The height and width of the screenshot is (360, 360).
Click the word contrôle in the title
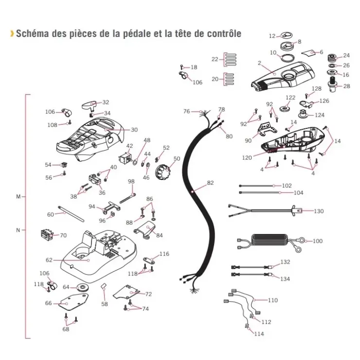click(224, 34)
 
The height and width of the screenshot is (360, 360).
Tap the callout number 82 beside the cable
click(210, 183)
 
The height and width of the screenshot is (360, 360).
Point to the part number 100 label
click(318, 241)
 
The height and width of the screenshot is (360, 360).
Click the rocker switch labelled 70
click(47, 234)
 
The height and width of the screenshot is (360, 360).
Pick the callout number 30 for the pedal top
click(134, 130)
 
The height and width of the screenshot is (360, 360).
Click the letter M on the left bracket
click(18, 197)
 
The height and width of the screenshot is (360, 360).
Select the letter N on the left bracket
click(18, 230)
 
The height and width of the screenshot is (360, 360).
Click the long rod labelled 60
click(71, 214)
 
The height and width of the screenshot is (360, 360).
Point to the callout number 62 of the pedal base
click(49, 260)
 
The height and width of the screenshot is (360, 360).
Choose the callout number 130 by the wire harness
click(319, 211)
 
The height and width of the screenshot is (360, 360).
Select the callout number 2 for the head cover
click(259, 63)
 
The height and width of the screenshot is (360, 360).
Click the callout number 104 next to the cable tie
click(299, 193)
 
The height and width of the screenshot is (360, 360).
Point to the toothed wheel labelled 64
click(82, 288)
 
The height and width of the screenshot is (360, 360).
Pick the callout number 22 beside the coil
click(215, 59)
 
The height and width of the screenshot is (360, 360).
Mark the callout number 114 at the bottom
click(259, 334)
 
